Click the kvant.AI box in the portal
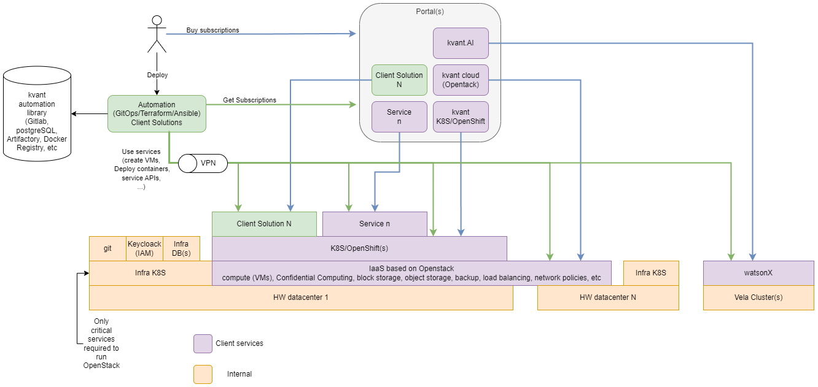[461, 43]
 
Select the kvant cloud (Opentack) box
[461, 80]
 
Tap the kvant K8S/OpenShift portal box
[461, 117]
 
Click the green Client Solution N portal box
[399, 80]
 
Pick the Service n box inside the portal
[399, 117]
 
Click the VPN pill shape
[203, 164]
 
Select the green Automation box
[157, 113]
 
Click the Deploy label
[157, 75]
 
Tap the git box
[107, 248]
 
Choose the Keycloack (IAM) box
[144, 248]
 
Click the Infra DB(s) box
[181, 248]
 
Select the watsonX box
[758, 273]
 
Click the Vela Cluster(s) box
[758, 297]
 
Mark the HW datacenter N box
[608, 297]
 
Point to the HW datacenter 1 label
[301, 297]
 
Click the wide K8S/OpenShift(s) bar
[359, 248]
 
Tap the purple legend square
[203, 343]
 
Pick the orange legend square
[203, 374]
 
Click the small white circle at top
[157, 20]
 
